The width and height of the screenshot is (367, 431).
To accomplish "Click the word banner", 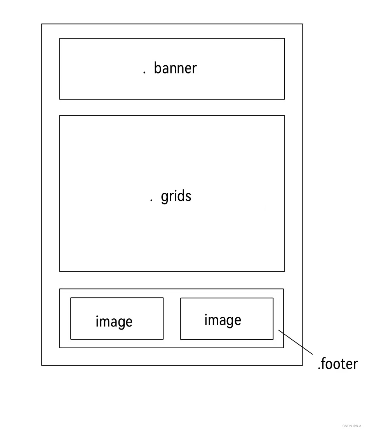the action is (x=175, y=68).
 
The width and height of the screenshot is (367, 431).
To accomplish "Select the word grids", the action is (x=176, y=196).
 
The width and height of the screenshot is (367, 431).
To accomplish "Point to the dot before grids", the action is (x=151, y=200).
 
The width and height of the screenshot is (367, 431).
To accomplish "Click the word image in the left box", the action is (x=114, y=322).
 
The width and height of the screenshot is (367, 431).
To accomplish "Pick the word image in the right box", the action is (x=223, y=320).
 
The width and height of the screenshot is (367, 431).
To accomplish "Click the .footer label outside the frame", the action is (x=338, y=364).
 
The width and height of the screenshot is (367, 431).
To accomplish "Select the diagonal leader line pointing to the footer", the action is (x=296, y=342).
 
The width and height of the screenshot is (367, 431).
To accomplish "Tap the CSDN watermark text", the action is (x=351, y=426).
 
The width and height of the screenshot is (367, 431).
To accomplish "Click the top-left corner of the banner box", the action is (x=60, y=38).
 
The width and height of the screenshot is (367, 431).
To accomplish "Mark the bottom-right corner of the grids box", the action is (x=284, y=271).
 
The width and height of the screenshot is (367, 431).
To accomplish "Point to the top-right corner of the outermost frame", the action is (x=302, y=24).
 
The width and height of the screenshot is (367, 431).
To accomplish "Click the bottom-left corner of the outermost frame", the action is (x=42, y=365).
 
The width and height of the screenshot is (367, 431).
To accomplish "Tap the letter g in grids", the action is (x=164, y=197).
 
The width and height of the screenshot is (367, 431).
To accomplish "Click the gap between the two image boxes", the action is (x=172, y=319).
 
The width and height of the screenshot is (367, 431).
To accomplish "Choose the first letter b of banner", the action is (x=157, y=68).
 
